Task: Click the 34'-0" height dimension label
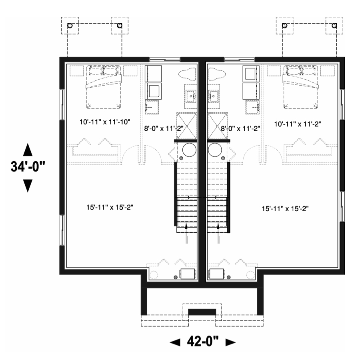point(28,166)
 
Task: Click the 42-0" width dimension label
point(203,342)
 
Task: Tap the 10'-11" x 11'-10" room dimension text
point(105,122)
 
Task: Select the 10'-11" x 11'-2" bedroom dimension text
point(298,124)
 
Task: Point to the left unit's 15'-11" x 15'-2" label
point(110,207)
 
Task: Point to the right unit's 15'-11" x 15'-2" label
point(285,209)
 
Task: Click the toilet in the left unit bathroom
point(187,74)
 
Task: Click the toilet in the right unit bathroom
point(217,74)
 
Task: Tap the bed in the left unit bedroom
point(104,87)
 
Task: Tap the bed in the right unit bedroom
point(301,87)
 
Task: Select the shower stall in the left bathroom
point(186,126)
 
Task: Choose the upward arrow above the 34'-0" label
point(28,150)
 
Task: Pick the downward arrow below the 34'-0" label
point(28,186)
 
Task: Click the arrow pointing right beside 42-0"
point(230,342)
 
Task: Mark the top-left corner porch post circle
point(70,25)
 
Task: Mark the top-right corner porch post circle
point(334,25)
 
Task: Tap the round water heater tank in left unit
point(190,150)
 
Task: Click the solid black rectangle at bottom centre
point(202,312)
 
